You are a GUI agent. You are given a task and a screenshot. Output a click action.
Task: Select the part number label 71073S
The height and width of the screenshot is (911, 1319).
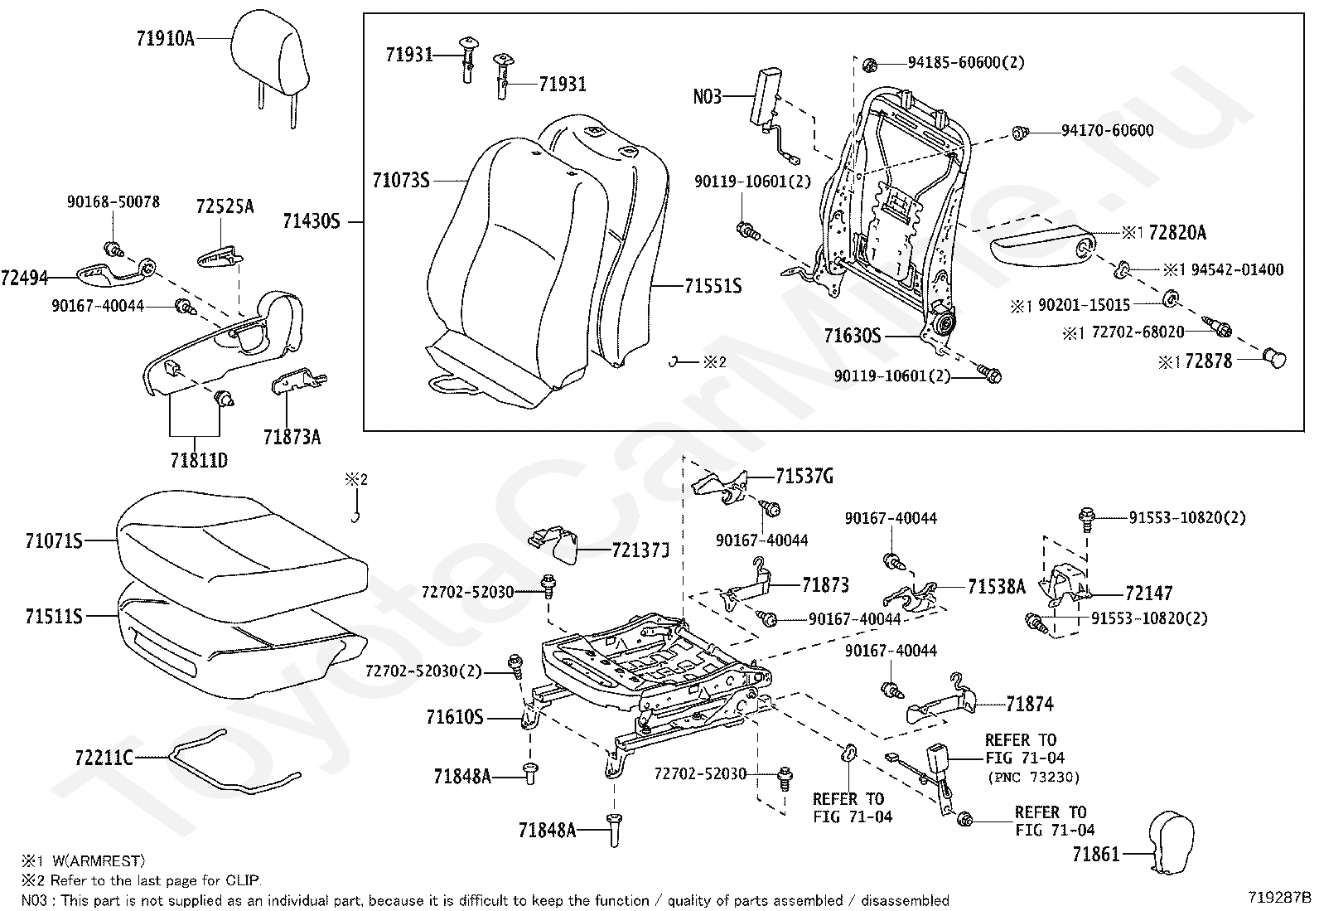click(401, 179)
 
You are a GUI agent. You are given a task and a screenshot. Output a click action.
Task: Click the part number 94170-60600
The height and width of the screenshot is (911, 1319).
click(1108, 131)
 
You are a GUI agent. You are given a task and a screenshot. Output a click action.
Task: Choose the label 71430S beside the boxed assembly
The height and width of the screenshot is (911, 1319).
click(312, 221)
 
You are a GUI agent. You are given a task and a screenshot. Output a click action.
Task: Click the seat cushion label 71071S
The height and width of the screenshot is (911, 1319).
click(54, 542)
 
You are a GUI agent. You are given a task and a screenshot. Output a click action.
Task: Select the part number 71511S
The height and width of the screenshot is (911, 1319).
click(54, 617)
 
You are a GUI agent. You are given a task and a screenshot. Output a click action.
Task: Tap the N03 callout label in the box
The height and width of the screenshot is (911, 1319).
click(707, 97)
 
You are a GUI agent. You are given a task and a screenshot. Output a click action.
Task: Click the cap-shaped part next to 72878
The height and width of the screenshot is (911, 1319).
click(1274, 359)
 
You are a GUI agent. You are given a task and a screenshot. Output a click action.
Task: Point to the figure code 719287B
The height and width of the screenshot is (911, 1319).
click(1280, 897)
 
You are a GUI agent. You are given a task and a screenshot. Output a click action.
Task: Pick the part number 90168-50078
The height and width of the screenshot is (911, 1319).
click(114, 202)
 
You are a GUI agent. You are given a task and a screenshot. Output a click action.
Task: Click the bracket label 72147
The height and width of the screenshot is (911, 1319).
click(1148, 594)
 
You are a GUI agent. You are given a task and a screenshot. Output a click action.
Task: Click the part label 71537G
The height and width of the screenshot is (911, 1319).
click(804, 477)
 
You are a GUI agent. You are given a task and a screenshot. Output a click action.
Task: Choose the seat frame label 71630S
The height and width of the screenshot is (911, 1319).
click(853, 336)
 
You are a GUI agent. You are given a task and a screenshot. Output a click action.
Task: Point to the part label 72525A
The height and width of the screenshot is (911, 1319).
click(225, 206)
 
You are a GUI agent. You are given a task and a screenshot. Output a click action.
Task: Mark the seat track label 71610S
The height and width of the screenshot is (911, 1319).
click(455, 717)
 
